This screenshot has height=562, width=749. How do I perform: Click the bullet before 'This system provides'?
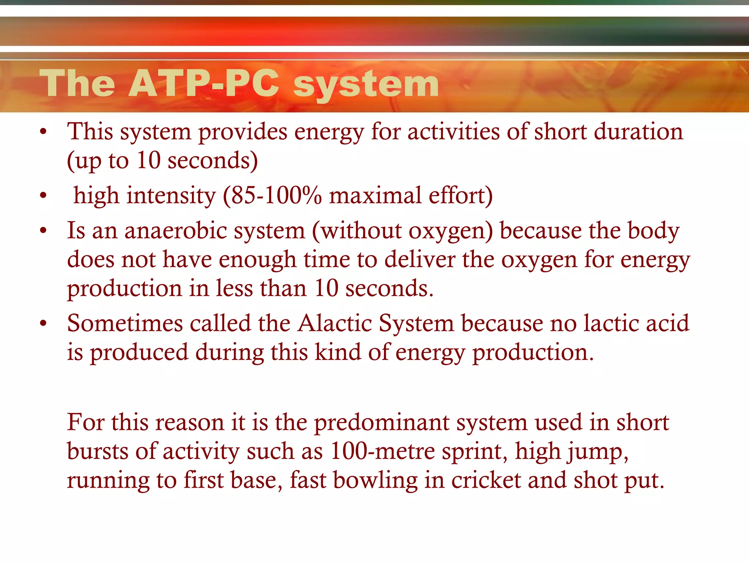[44, 132]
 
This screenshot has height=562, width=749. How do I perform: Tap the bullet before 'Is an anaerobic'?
[44, 231]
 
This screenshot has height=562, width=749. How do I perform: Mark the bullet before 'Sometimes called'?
[44, 323]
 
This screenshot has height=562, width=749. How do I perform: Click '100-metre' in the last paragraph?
[383, 451]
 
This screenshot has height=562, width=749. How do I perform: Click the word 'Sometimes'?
[125, 323]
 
